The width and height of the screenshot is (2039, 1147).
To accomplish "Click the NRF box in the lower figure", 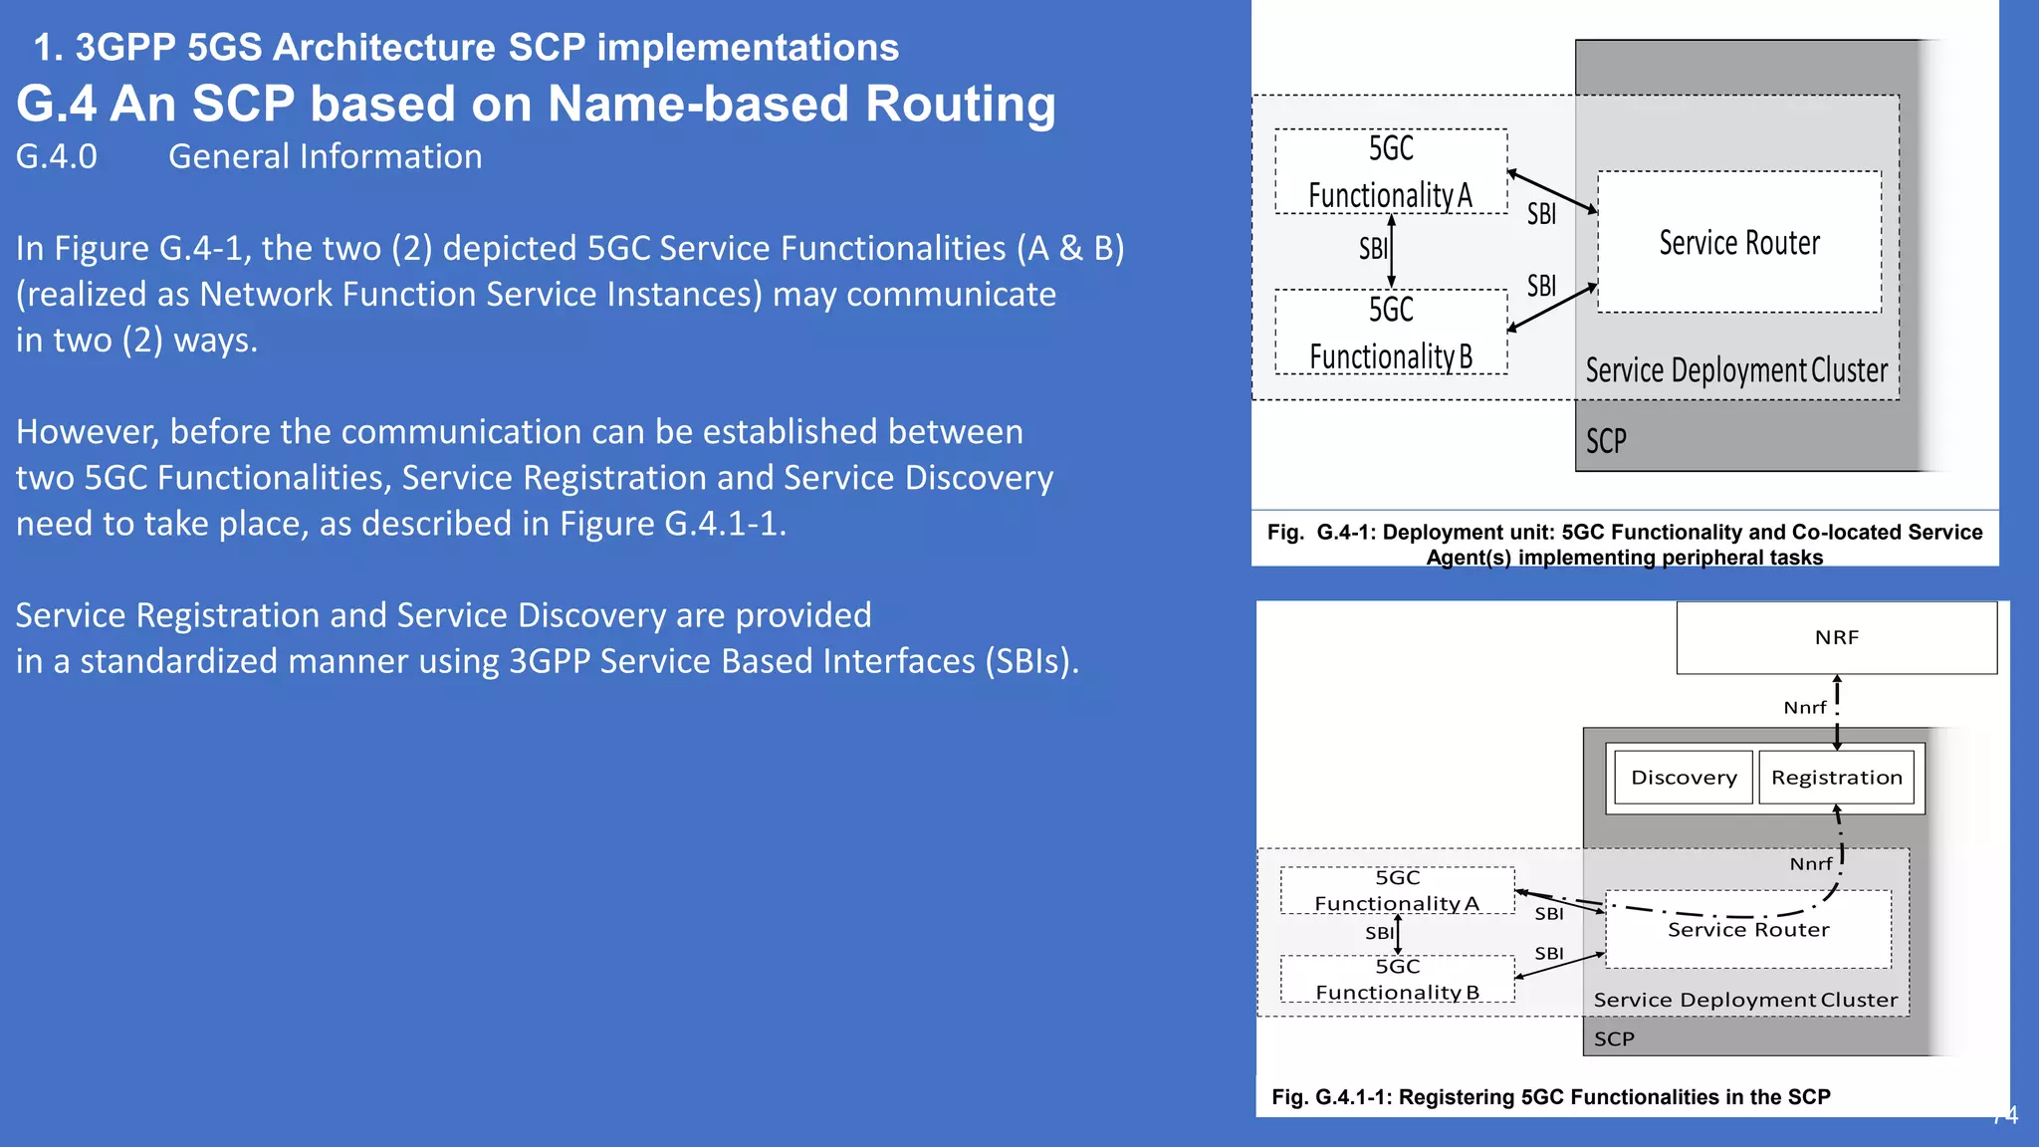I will point(1836,637).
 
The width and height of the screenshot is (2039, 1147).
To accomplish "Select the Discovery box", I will point(1683,778).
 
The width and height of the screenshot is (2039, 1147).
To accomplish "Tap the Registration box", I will point(1836,778).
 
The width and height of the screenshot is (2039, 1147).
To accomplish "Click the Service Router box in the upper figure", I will point(1738,243).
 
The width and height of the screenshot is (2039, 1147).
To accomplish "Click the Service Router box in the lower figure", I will point(1748,930).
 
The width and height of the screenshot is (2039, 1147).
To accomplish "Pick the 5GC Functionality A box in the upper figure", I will point(1390,171).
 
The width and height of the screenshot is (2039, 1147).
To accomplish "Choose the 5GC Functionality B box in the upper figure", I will point(1390,333).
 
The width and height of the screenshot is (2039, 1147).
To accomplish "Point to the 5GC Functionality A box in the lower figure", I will point(1397,890).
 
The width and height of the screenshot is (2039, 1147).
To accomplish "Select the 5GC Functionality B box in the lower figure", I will point(1397,979).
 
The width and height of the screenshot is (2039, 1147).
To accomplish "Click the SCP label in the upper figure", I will point(1606,441).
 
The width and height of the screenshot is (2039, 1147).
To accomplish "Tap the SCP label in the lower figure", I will point(1614,1039).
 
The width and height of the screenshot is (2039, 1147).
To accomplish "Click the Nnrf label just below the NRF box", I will point(1804,708).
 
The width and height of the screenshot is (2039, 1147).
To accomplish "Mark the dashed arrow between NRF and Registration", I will point(1837,712).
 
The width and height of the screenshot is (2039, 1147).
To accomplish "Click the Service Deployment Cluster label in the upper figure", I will point(1735,370).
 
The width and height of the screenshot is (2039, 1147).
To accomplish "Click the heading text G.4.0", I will point(57,157).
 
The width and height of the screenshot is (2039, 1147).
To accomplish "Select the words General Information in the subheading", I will point(325,157).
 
